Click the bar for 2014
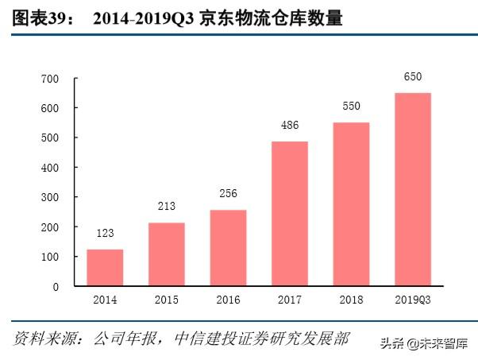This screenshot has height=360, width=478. click(105, 268)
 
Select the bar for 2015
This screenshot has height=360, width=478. click(167, 254)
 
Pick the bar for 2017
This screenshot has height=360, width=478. click(290, 214)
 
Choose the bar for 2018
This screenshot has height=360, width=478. click(351, 204)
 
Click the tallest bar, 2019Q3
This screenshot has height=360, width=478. click(413, 189)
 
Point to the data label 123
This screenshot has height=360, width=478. click(105, 235)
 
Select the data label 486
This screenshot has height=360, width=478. click(290, 126)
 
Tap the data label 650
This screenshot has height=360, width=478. click(413, 77)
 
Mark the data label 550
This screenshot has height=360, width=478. click(351, 106)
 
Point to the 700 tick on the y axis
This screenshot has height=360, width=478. click(50, 79)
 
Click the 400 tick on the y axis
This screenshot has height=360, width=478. click(50, 168)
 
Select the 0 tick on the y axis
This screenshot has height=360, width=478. click(56, 286)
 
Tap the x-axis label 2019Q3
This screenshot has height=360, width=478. click(413, 300)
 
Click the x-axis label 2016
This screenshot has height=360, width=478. click(228, 300)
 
